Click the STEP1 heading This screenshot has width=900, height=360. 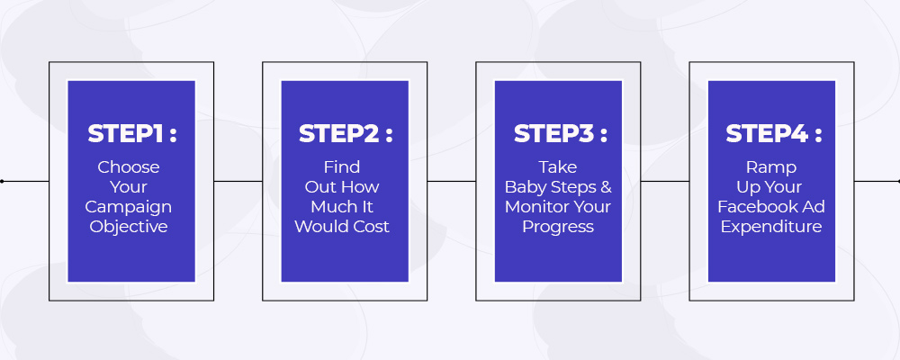(x=132, y=134)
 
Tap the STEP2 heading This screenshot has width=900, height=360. (x=346, y=134)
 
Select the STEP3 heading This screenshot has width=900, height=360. (x=560, y=134)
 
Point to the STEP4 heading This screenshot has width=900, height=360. (x=774, y=134)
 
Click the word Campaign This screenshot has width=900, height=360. (x=129, y=207)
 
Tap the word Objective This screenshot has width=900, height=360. (x=129, y=226)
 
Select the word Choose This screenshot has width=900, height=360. (x=129, y=167)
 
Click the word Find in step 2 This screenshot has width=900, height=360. (x=342, y=167)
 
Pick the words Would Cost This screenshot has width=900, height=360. (x=342, y=226)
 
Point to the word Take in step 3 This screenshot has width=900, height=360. (x=558, y=167)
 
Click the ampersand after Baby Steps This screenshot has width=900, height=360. (x=606, y=187)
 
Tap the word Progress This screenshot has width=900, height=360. (x=558, y=227)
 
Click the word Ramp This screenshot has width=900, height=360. (x=771, y=167)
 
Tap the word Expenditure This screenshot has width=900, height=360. (x=771, y=227)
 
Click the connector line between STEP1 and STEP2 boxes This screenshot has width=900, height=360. (x=238, y=182)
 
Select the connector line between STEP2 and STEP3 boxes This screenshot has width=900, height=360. (x=452, y=182)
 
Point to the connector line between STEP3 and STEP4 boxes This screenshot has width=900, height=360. (x=665, y=182)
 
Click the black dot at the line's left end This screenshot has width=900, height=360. (x=2, y=182)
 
